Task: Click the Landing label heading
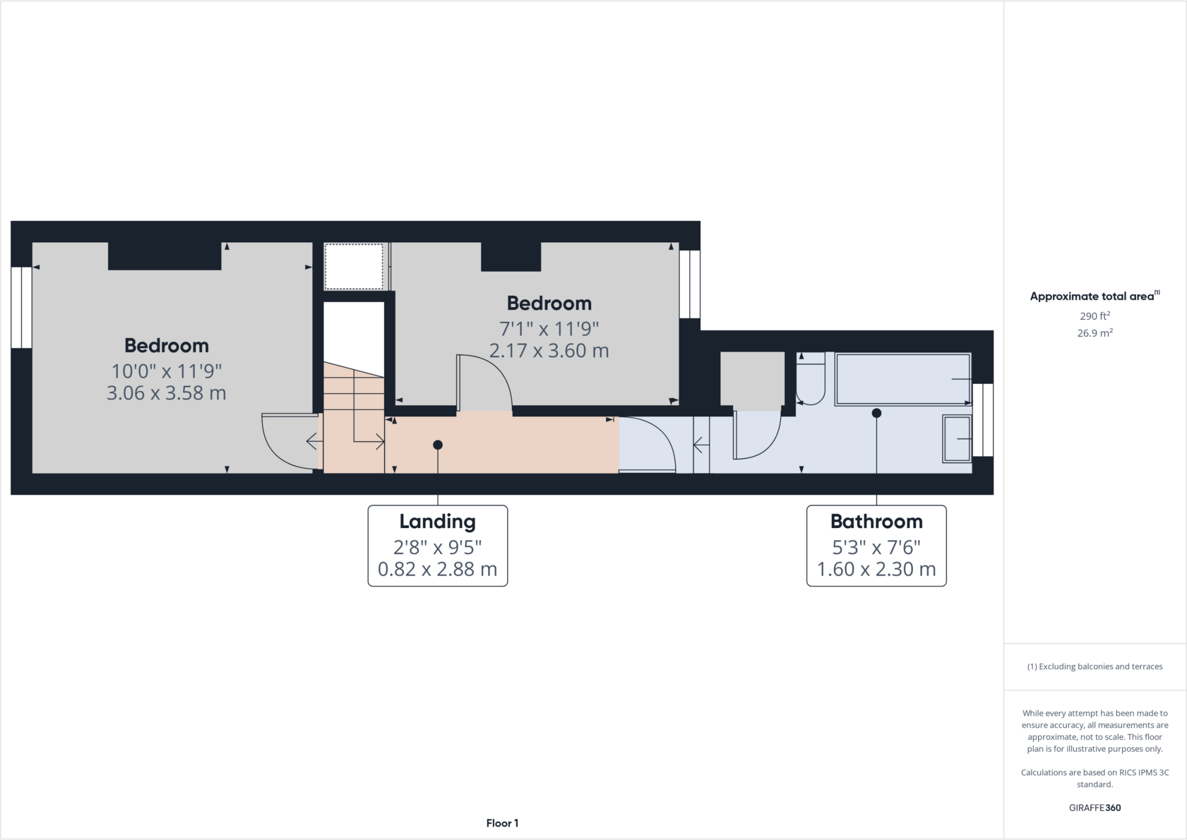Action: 438,521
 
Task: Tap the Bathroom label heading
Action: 876,521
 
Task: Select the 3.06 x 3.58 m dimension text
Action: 166,393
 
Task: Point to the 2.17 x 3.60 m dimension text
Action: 549,351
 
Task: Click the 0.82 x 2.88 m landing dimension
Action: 438,569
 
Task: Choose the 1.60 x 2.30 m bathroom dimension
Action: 876,569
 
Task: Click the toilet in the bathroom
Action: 810,378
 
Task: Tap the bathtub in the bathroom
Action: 902,379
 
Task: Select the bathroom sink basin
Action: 957,439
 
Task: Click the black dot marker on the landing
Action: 438,445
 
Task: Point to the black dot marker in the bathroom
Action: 876,413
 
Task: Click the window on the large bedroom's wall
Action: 21,307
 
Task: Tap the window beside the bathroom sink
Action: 982,420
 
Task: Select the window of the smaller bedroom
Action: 690,284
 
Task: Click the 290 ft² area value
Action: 1094,316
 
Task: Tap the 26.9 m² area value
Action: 1094,333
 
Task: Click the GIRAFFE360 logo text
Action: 1094,808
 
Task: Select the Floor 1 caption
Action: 502,823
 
